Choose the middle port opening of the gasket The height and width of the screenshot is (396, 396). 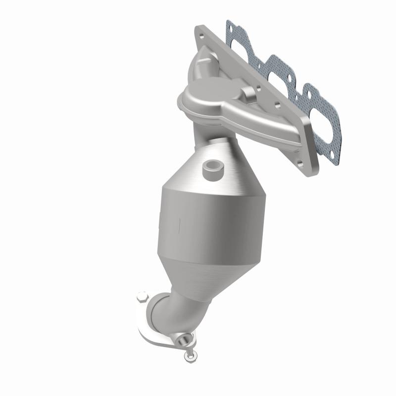pos(280,79)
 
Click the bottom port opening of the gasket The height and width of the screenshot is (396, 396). pos(322,119)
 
